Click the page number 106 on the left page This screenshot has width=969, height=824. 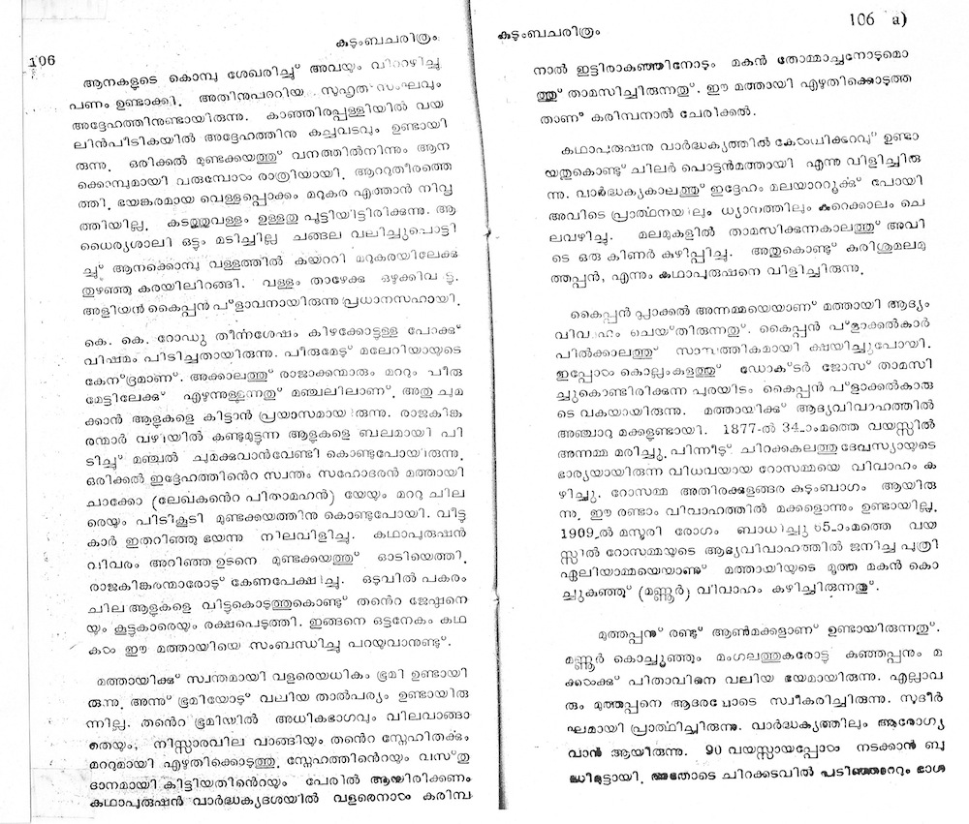[44, 59]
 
